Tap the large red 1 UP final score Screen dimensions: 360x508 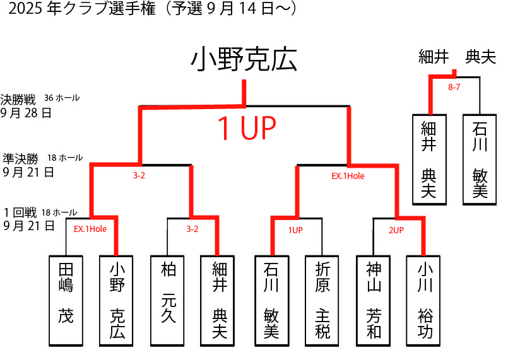(247, 129)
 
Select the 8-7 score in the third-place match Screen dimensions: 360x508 (454, 88)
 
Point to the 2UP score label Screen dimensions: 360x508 (396, 230)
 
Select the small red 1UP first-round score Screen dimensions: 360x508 (295, 230)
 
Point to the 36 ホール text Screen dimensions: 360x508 (62, 98)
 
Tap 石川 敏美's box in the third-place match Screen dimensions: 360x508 (480, 159)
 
